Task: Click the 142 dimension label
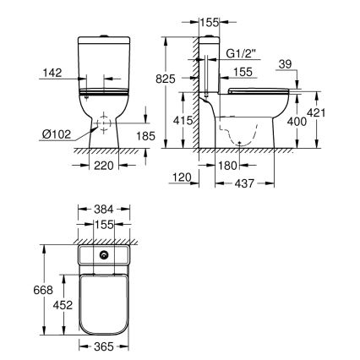tap(53, 74)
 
